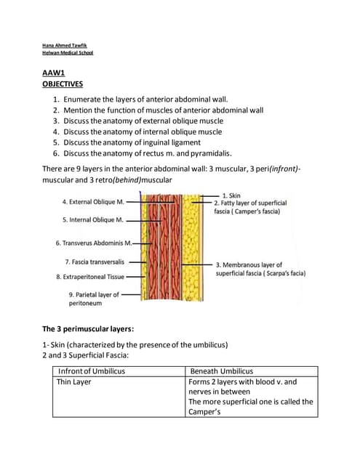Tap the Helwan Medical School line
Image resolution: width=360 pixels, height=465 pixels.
point(68,53)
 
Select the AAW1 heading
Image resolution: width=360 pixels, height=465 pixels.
point(54,73)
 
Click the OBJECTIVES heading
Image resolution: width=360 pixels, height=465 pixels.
point(63,84)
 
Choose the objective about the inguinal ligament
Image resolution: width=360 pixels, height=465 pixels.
point(142,142)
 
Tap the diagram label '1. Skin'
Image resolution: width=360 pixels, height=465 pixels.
point(232,195)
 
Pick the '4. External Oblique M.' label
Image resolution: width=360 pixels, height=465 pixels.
point(92,201)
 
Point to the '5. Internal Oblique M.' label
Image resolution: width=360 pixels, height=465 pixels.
point(92,219)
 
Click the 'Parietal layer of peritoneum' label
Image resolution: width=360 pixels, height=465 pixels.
point(93,299)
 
